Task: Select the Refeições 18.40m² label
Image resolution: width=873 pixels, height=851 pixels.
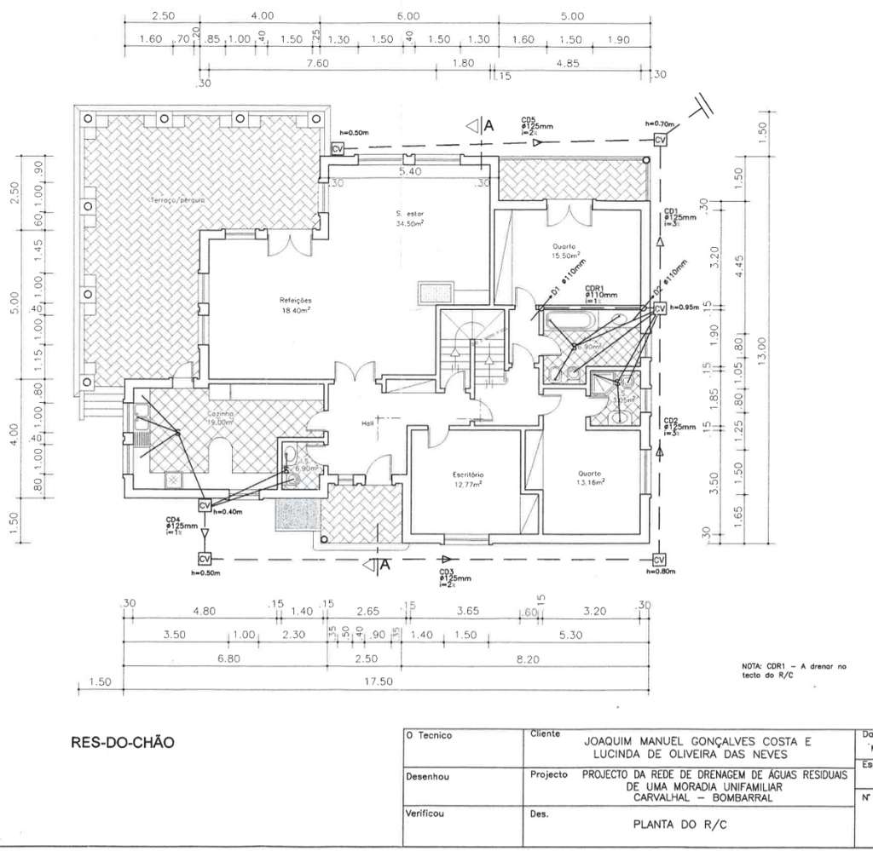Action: pos(296,305)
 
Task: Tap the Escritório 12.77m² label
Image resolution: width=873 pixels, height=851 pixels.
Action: pos(468,479)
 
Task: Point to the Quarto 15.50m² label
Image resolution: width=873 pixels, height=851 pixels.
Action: pos(565,250)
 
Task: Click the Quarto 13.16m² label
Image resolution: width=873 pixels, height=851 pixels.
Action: pos(591,478)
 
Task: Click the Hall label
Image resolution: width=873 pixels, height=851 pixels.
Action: pos(367,423)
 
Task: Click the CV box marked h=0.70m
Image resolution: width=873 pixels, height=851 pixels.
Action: pos(660,140)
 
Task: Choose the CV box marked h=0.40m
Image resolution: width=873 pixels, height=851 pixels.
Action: pos(204,505)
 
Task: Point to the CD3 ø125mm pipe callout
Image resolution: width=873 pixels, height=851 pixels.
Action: pos(449,578)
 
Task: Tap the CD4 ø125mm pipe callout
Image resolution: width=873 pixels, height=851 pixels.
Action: pos(176,526)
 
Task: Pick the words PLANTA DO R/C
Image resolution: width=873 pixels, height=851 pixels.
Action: pos(679,824)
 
